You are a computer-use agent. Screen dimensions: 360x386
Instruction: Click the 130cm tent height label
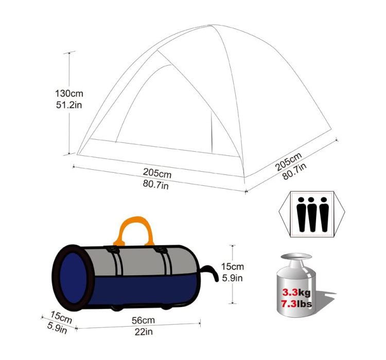pos(69,94)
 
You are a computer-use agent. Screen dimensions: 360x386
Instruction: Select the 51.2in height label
pos(69,105)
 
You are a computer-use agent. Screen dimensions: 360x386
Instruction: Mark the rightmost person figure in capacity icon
pos(323,213)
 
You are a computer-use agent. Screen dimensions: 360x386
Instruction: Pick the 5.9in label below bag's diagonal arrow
pos(56,328)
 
